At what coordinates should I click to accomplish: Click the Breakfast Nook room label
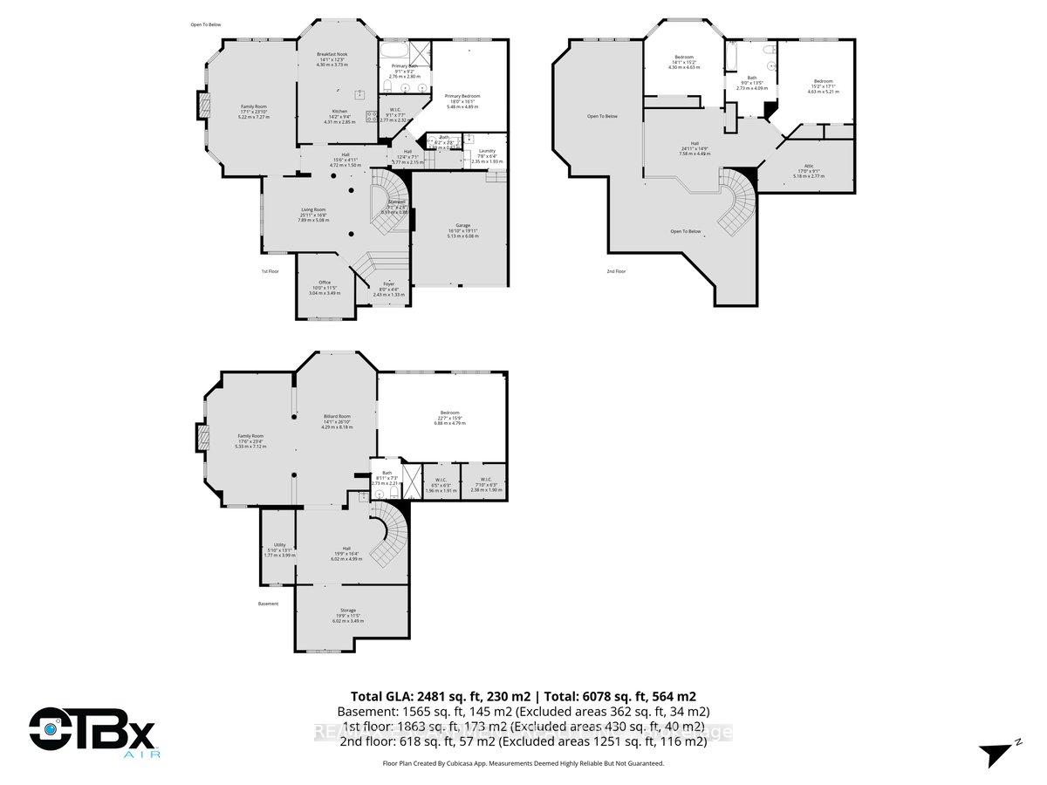(332, 54)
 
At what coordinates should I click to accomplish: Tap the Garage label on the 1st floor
(462, 225)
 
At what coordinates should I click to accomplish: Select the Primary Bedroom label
(462, 96)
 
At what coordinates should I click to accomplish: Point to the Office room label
(325, 282)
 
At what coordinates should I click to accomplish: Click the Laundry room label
(487, 151)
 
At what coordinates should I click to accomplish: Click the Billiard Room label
(336, 416)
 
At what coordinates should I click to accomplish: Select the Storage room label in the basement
(347, 610)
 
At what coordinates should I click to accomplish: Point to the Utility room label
(279, 544)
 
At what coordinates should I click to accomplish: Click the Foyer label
(389, 283)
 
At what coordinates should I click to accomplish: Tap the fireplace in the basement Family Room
(202, 436)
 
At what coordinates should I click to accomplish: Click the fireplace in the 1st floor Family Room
(203, 106)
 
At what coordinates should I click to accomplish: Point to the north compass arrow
(996, 752)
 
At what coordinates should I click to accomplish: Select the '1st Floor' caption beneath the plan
(270, 271)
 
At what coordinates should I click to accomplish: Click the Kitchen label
(339, 112)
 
